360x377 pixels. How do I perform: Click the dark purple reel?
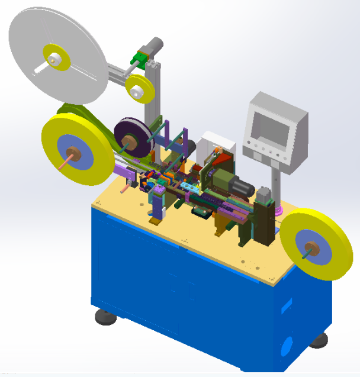133,137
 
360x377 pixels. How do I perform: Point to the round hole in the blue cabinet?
287,344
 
